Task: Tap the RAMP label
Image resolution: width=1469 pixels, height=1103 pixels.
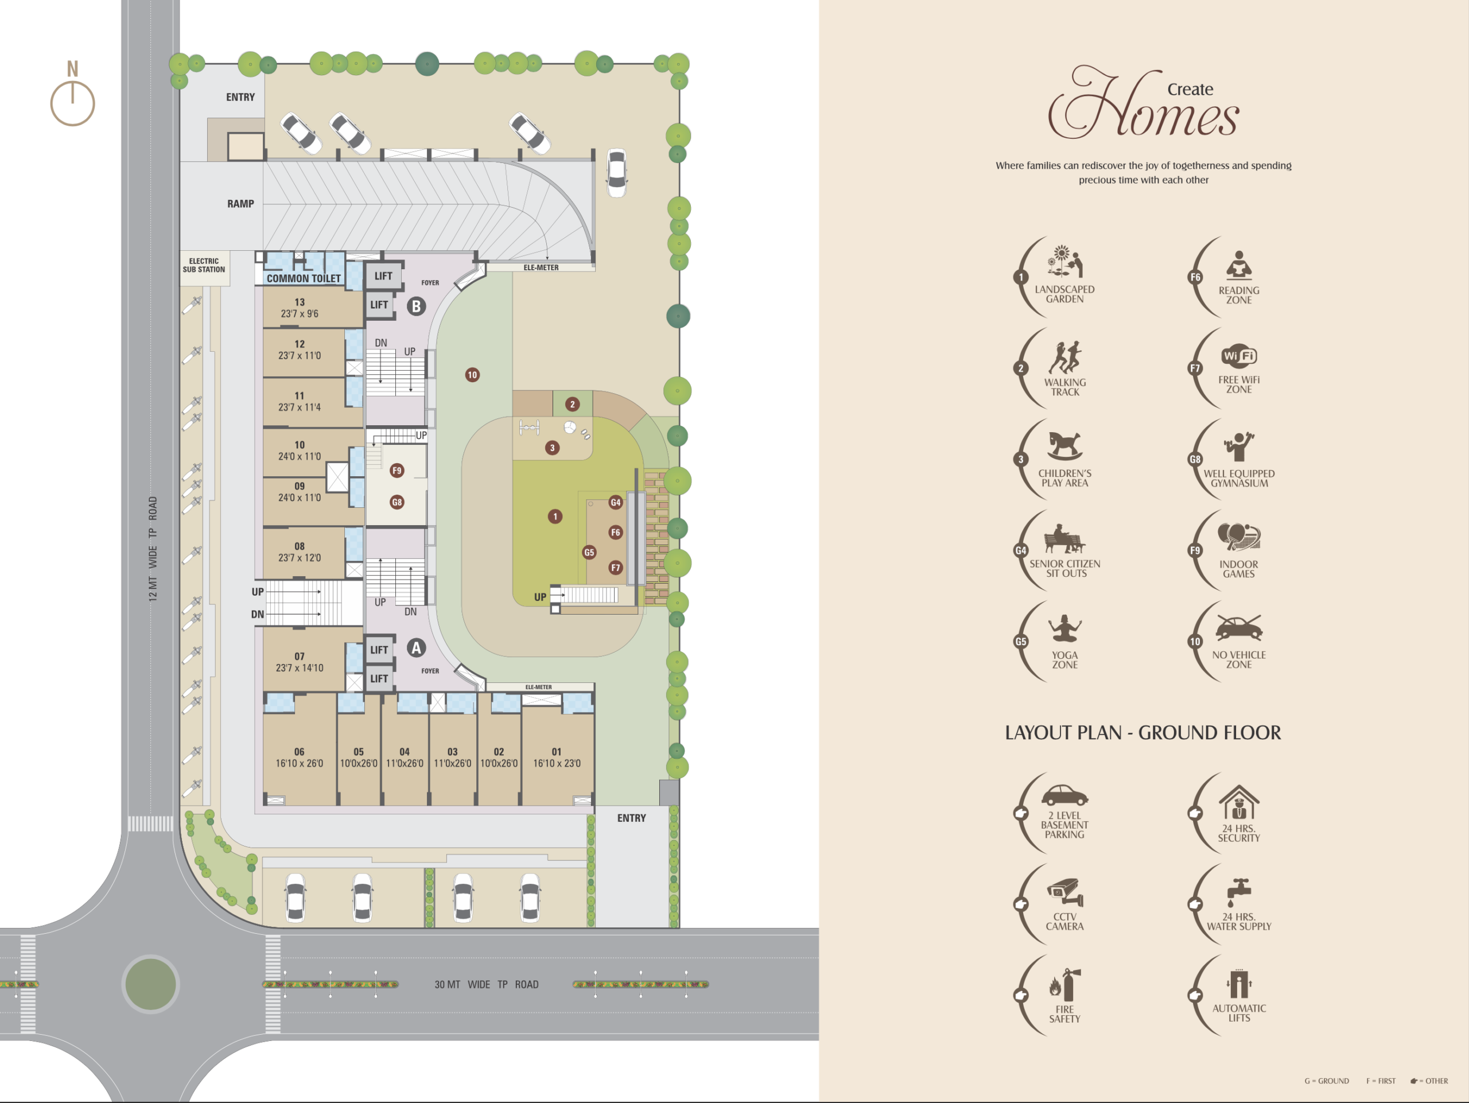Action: point(240,204)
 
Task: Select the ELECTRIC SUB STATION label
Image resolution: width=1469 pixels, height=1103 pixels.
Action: point(204,266)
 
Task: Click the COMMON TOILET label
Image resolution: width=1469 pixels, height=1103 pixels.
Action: point(304,278)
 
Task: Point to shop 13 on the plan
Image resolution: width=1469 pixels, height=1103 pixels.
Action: point(300,308)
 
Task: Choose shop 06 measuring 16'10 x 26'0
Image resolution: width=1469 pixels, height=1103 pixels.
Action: point(300,758)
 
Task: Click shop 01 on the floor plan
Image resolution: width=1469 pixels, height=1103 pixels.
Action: point(557,758)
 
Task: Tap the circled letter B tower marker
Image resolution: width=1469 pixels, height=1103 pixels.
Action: point(417,306)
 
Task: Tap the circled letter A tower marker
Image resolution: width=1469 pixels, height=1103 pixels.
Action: point(417,648)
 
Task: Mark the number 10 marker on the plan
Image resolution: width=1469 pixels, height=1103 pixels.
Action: point(472,375)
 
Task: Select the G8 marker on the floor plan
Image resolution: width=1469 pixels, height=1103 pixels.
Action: point(397,502)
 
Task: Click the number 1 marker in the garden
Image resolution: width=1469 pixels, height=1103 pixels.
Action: point(555,516)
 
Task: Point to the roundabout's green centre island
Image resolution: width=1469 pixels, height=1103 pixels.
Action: point(151,984)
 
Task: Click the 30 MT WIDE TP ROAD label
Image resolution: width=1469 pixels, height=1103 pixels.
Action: point(487,984)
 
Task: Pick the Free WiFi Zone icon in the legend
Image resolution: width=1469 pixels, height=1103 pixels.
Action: point(1238,356)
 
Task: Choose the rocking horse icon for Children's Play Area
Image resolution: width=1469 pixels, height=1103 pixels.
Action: point(1064,445)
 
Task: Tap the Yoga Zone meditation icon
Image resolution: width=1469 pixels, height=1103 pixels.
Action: point(1064,628)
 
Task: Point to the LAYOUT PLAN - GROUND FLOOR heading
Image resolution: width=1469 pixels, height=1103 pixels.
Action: point(1142,732)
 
